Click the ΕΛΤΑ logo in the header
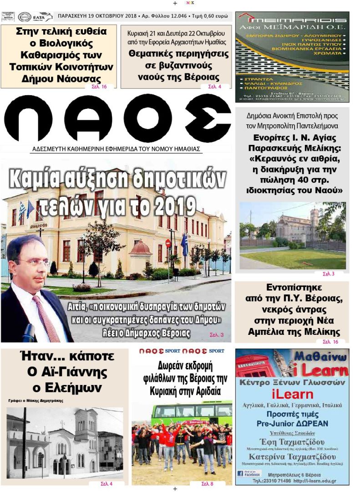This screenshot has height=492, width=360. click(x=42, y=17)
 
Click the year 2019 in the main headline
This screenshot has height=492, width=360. click(x=174, y=208)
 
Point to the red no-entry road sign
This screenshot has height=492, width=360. click(x=167, y=243)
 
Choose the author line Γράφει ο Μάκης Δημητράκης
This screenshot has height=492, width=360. click(x=35, y=401)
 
